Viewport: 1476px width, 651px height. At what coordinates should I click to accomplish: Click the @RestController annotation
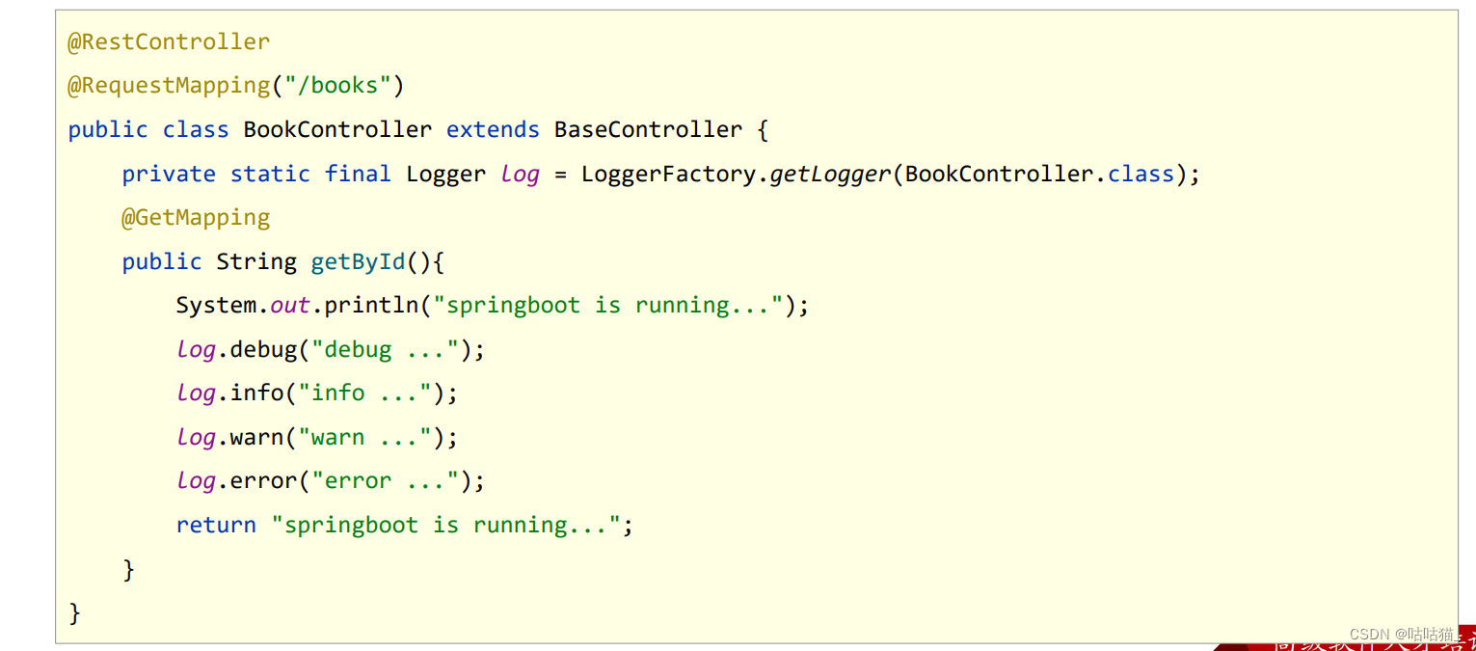169,42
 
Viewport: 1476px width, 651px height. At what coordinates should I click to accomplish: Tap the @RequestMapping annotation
169,86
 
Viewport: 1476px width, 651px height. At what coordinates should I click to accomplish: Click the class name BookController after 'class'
337,130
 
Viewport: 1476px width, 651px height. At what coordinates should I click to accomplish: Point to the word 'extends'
493,130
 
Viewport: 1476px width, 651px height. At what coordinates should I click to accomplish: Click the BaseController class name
648,130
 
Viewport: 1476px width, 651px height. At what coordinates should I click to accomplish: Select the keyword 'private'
169,175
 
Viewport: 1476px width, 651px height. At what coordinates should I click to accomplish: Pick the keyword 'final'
358,175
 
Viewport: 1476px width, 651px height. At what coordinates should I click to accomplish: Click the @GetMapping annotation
196,218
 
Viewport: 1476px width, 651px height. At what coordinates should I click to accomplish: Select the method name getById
358,262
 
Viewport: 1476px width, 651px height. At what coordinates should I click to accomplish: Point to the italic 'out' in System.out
290,306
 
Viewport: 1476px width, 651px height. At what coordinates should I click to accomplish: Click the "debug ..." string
385,350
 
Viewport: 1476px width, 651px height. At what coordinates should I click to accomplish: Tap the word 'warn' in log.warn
256,438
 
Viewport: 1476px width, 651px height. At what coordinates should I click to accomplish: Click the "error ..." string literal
385,481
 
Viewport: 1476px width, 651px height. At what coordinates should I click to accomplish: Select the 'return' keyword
216,526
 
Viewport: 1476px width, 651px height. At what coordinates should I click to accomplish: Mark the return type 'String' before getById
256,262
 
